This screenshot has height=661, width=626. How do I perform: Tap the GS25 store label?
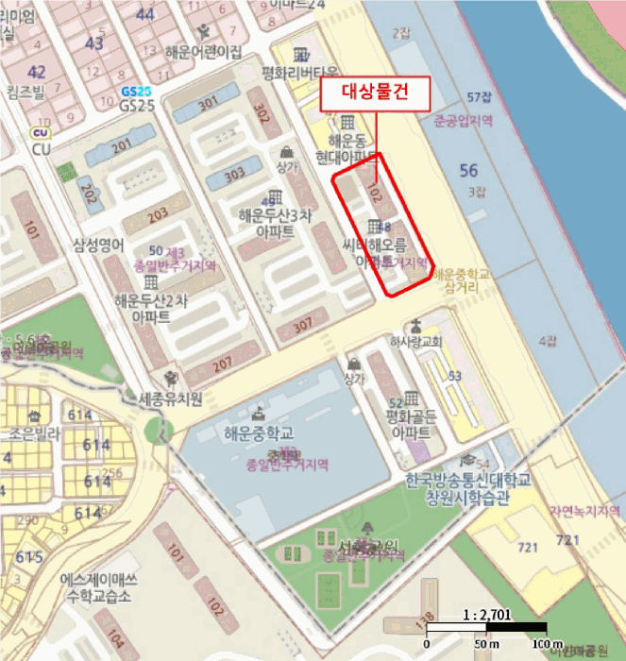click(138, 105)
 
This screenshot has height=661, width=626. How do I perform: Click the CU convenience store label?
click(41, 149)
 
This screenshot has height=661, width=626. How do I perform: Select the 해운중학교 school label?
click(260, 433)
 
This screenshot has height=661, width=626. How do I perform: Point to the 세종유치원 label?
click(171, 398)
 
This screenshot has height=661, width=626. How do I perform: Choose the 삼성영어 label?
click(98, 245)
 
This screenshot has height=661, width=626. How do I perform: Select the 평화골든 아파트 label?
click(409, 425)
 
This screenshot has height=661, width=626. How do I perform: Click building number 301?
click(208, 102)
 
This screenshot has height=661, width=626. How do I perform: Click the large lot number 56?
click(469, 170)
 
